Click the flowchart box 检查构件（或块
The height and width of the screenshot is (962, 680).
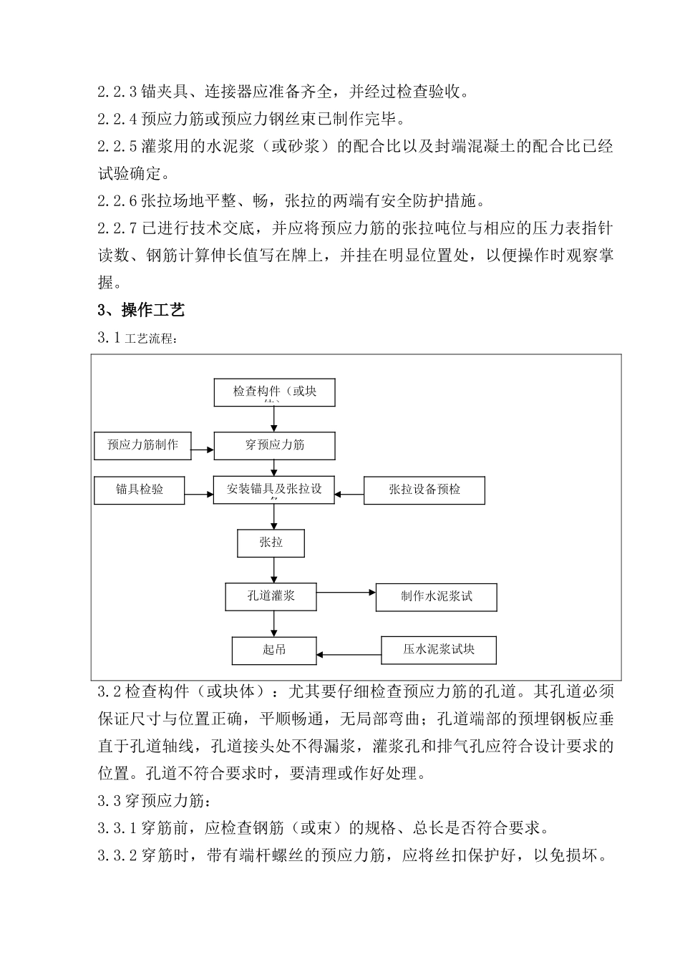tap(274, 392)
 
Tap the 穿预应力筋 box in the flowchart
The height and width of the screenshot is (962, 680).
tap(274, 445)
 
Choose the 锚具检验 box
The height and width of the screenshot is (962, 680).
tap(140, 490)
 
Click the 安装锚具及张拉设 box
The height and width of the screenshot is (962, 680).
tap(274, 490)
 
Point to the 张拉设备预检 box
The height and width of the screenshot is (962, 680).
tap(424, 490)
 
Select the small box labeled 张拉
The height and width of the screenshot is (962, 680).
tap(271, 543)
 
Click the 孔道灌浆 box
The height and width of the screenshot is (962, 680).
tap(271, 596)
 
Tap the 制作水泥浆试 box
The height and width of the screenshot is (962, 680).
tap(436, 597)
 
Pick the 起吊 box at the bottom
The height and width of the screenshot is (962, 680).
tap(273, 650)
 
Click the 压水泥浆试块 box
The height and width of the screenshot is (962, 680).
tap(438, 650)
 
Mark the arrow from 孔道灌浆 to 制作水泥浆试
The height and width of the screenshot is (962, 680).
tap(346, 593)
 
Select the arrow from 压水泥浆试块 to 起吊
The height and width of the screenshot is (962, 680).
tap(349, 654)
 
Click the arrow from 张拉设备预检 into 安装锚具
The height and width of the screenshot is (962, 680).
tap(349, 493)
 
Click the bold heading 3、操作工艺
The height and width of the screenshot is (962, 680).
tap(141, 310)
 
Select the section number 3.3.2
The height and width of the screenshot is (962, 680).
tap(117, 855)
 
